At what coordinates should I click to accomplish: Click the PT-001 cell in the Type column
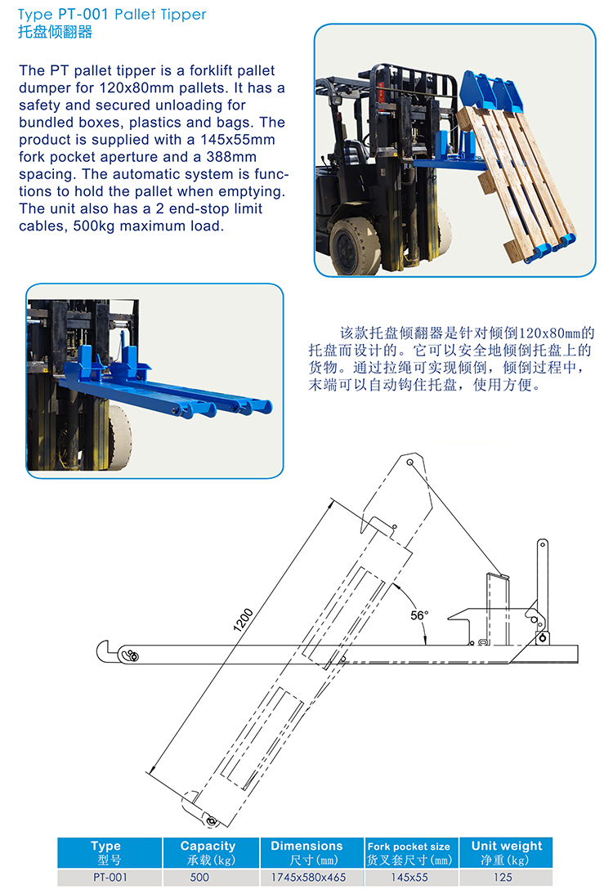(x=110, y=878)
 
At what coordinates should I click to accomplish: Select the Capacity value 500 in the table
(x=199, y=878)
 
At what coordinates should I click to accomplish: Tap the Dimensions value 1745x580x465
(x=308, y=878)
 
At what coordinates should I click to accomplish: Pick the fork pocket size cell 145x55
(x=409, y=878)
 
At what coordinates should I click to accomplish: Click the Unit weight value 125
(x=503, y=878)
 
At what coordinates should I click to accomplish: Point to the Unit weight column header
(x=507, y=853)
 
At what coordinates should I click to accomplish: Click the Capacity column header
(x=208, y=853)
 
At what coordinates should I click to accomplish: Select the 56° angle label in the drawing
(x=419, y=615)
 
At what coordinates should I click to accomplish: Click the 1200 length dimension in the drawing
(x=243, y=620)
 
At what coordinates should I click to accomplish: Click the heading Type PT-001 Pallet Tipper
(x=112, y=14)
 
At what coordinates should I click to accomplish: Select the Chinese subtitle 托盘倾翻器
(x=55, y=32)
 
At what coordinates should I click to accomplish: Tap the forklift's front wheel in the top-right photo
(x=356, y=245)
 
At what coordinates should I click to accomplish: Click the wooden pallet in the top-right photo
(x=517, y=182)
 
